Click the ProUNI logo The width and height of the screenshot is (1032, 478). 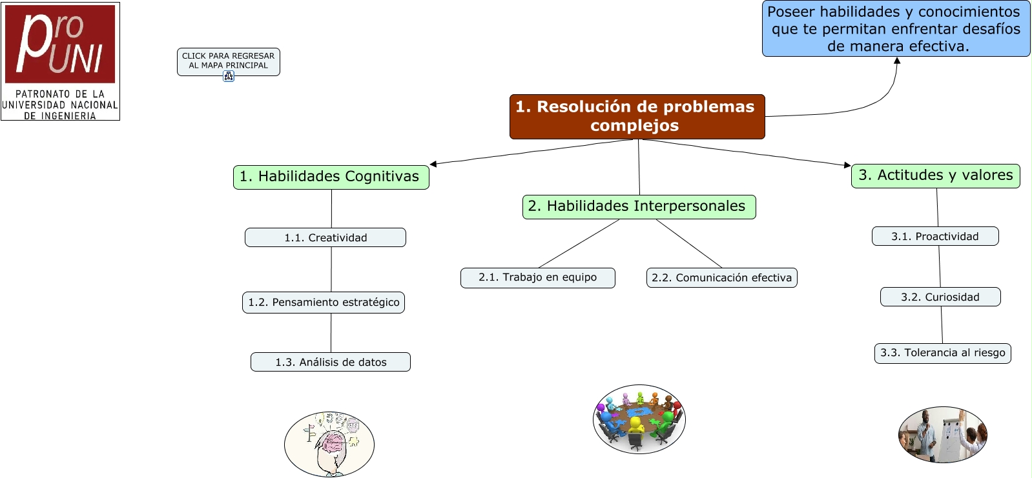click(60, 61)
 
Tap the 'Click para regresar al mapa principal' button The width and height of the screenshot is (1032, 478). click(228, 60)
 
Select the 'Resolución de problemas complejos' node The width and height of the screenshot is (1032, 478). click(637, 116)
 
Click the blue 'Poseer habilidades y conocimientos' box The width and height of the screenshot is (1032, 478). click(896, 29)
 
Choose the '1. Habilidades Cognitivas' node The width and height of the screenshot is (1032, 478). click(331, 177)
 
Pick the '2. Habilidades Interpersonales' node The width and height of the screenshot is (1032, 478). click(639, 206)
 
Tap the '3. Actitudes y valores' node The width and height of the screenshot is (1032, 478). click(935, 175)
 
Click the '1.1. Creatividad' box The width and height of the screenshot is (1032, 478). click(325, 237)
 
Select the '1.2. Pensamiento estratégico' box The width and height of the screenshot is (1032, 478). click(324, 302)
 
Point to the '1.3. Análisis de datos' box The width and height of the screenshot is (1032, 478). click(331, 362)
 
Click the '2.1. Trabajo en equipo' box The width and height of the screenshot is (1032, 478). click(537, 277)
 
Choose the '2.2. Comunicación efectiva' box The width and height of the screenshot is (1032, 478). click(721, 277)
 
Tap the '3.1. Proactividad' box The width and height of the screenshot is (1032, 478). click(935, 236)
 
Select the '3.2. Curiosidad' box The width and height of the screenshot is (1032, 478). click(940, 297)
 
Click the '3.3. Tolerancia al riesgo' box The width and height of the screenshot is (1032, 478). click(942, 353)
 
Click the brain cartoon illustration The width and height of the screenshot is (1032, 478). click(329, 444)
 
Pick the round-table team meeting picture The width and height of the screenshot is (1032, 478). click(639, 419)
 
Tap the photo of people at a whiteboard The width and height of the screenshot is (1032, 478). click(942, 434)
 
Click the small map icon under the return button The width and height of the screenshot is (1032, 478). click(229, 76)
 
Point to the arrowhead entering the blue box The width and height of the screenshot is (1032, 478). click(896, 61)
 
